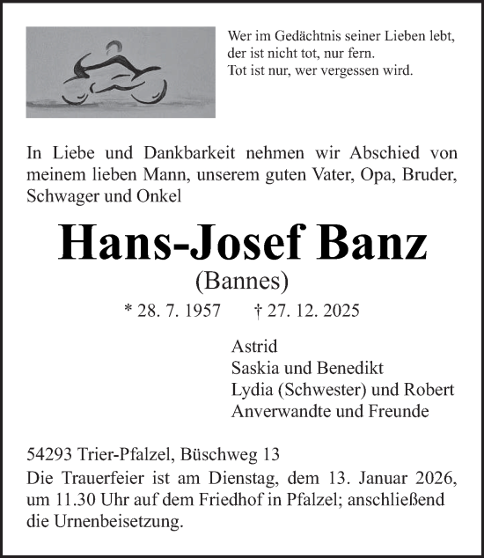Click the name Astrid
tap(253, 346)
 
